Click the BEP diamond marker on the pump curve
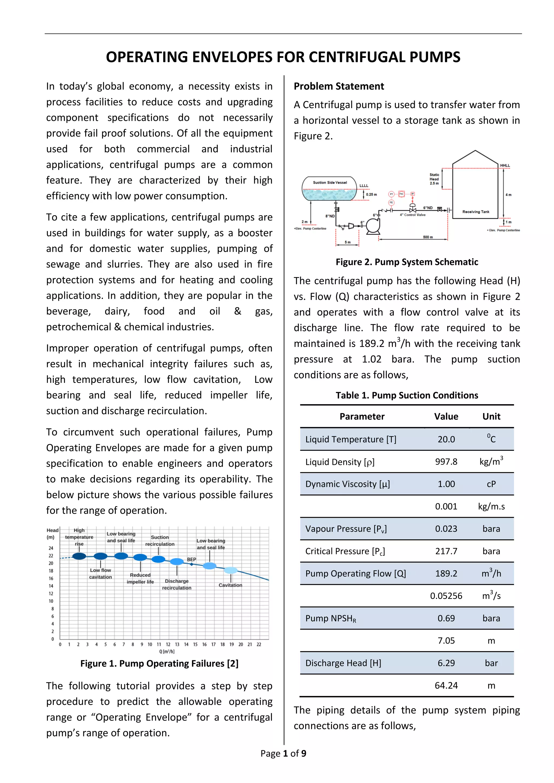pyautogui.click(x=191, y=564)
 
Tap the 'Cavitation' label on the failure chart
pyautogui.click(x=230, y=585)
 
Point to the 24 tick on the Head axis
pyautogui.click(x=51, y=548)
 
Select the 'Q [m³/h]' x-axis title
pyautogui.click(x=167, y=651)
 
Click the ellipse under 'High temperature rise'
pyautogui.click(x=79, y=556)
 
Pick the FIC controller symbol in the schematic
pyautogui.click(x=401, y=194)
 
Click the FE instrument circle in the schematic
pyautogui.click(x=391, y=203)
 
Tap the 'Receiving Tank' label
pyautogui.click(x=476, y=212)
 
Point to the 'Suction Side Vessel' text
pyautogui.click(x=330, y=183)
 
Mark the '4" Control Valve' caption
pyautogui.click(x=413, y=215)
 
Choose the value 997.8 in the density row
pyautogui.click(x=446, y=462)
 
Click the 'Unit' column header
pyautogui.click(x=491, y=416)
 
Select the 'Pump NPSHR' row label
pyautogui.click(x=331, y=619)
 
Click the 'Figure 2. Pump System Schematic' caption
pyautogui.click(x=407, y=262)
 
